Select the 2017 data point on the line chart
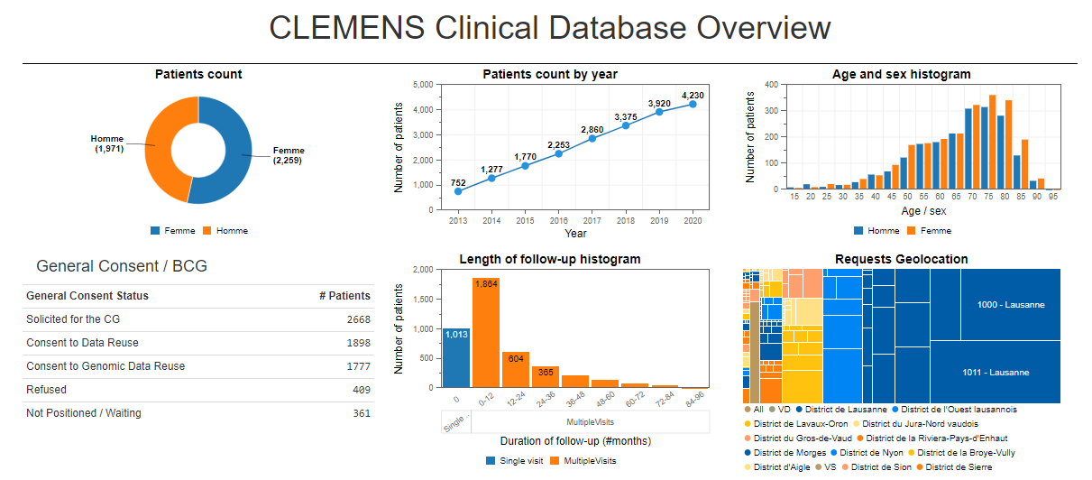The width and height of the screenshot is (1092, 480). (592, 138)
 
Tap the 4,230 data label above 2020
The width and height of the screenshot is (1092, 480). (693, 95)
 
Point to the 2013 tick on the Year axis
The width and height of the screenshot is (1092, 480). (457, 219)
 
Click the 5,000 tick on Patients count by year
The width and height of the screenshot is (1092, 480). (422, 85)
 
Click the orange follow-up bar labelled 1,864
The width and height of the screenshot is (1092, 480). (486, 333)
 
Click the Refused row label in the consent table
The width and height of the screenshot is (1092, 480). (46, 390)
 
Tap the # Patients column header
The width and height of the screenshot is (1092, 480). (344, 296)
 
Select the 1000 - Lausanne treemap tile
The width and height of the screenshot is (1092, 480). (1010, 305)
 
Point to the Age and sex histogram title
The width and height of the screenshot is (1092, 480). (901, 74)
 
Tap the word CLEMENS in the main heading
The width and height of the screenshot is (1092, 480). (347, 28)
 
